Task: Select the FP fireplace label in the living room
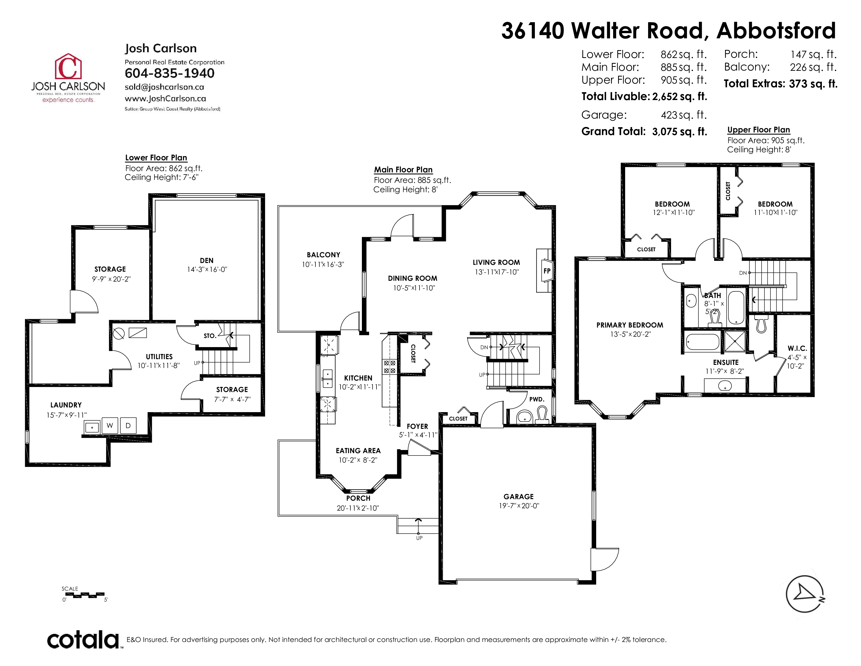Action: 547,271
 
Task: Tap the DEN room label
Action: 207,260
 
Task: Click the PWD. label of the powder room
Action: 536,399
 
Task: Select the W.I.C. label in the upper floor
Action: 797,348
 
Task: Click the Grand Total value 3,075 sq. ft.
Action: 680,131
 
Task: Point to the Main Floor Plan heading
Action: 403,170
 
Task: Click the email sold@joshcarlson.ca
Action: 164,87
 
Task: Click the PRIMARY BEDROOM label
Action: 630,325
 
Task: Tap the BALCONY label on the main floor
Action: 323,255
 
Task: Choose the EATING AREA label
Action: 358,451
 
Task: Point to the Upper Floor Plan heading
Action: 758,130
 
